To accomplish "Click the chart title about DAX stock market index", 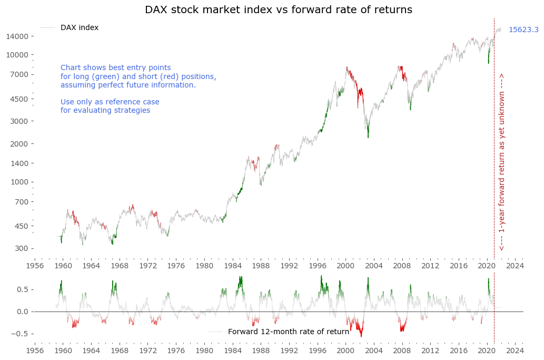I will pos(279,10).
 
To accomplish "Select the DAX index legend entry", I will pos(79,28).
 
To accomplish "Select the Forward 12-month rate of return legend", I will pos(288,332).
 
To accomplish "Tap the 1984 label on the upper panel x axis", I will pos(232,266).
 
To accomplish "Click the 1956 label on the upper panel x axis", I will pos(35,266).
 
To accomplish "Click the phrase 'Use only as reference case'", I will pos(110,102).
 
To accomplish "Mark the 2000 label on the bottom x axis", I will pos(345,349).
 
